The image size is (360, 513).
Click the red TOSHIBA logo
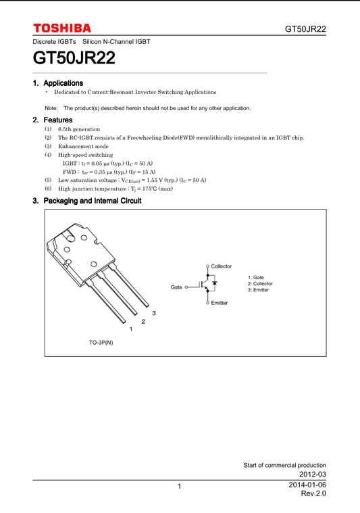(62, 28)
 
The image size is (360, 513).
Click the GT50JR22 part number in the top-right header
(305, 29)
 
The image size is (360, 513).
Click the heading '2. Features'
(53, 120)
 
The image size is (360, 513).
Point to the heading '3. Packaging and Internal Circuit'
(87, 201)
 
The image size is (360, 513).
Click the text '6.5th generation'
(79, 129)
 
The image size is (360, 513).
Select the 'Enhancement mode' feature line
(83, 146)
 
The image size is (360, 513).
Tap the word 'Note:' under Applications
(51, 108)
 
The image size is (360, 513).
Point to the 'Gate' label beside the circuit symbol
(176, 287)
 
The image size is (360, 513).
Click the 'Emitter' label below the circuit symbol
(219, 303)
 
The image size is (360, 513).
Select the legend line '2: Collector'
(260, 284)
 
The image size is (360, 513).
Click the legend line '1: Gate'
(256, 278)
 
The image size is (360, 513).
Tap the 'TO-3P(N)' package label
(101, 343)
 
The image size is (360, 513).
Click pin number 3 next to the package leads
(154, 313)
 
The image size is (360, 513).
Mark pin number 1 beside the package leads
(130, 328)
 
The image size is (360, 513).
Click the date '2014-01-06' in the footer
(307, 485)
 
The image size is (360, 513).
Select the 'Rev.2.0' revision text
(313, 494)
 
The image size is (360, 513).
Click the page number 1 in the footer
(180, 487)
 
